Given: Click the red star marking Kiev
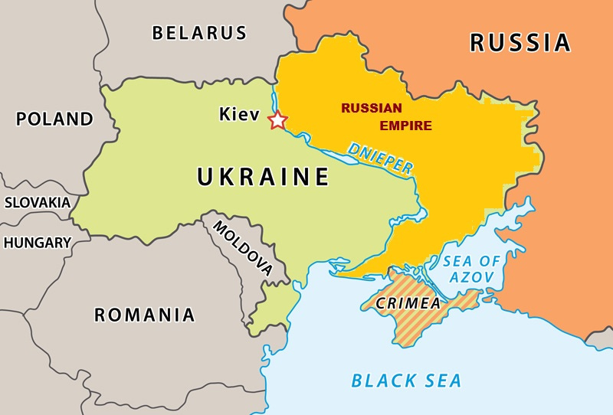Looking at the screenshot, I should (x=277, y=120).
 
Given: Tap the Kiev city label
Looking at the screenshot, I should (x=239, y=115).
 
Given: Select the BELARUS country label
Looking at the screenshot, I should (x=199, y=33).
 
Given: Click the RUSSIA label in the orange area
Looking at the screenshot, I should (x=520, y=42).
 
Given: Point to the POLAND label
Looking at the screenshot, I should (x=54, y=119).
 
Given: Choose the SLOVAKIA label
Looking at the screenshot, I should (x=37, y=203).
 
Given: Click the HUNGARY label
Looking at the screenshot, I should (x=37, y=243).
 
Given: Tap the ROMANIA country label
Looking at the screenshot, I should (x=144, y=315).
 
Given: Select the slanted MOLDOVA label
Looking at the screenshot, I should (x=242, y=248).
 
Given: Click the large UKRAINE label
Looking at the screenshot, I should (x=264, y=177).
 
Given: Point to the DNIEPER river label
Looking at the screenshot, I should (x=380, y=158).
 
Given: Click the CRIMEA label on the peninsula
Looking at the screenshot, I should (x=408, y=303).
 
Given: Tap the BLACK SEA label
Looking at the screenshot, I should (x=406, y=381).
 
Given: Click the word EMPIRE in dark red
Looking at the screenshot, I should (x=405, y=126).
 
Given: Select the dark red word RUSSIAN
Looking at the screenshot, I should (x=372, y=108).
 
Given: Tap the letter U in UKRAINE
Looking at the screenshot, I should (x=205, y=177).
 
